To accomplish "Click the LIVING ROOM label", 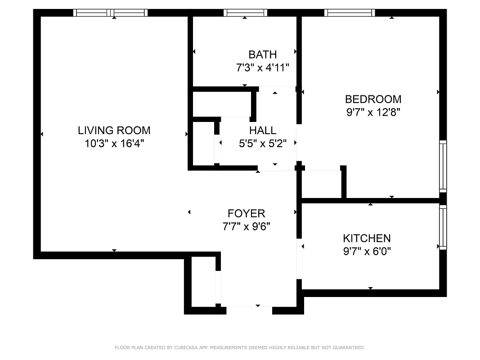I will pos(114,130).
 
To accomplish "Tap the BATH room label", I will pos(263,55).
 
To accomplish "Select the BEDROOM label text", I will pos(373,99).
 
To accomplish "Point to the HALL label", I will pos(263,130).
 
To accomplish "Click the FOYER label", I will pos(246,213).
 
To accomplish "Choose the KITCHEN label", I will pos(367,238).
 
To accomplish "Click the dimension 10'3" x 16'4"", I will pos(114,144).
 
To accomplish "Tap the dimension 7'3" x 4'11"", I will pos(263,68).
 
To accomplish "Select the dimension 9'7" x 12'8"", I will pos(373,112).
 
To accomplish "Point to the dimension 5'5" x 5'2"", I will pos(263,144).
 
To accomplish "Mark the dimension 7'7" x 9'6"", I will pos(246,226).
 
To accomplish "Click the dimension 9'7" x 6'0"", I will pos(367,251).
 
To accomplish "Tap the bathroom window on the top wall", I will pos(245,13).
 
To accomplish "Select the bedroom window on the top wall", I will pos(350,13).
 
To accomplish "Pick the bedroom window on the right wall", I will pos(443,166).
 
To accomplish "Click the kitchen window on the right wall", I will pos(443,227).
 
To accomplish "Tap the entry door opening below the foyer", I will pos(249,310).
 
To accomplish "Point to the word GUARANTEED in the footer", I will pos(348,347).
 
